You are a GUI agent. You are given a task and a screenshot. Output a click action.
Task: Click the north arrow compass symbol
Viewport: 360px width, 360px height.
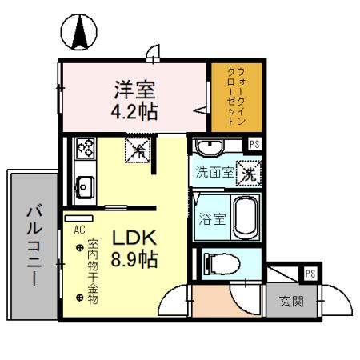pos(79,33)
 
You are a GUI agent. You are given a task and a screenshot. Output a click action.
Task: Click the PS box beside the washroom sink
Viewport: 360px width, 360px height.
pos(254,144)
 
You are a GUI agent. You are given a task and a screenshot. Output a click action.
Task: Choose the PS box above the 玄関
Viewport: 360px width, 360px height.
pos(309,274)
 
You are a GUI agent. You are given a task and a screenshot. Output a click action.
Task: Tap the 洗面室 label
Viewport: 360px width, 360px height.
pos(216,171)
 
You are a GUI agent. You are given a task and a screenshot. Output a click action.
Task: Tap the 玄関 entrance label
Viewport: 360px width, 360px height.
pos(291,302)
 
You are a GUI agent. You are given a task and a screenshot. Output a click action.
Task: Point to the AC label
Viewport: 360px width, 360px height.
pos(78,230)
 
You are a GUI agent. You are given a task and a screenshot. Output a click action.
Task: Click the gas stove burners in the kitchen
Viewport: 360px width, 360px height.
pos(84,148)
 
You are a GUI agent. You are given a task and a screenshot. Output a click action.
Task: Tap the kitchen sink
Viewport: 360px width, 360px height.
pos(84,189)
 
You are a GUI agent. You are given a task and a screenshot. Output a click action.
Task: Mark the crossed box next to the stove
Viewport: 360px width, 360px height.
pos(138,149)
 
